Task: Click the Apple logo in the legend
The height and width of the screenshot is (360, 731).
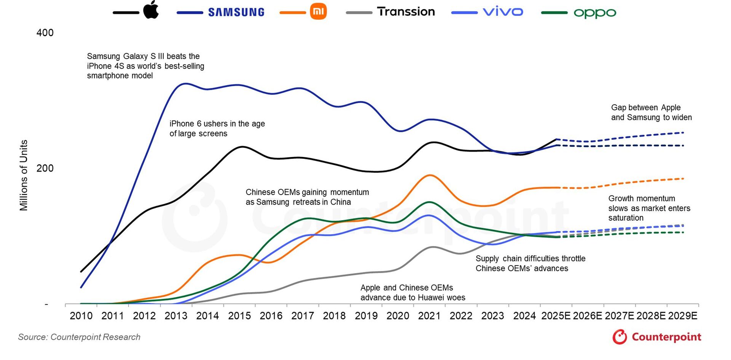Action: [x=151, y=10]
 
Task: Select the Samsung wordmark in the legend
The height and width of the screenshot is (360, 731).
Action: [x=236, y=12]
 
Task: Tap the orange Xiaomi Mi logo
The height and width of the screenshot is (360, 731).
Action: [x=318, y=12]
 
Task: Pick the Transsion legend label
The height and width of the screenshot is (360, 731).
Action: [x=406, y=12]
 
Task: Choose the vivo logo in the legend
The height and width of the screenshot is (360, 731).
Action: [x=503, y=12]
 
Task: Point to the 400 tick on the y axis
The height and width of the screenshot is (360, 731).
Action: [x=45, y=33]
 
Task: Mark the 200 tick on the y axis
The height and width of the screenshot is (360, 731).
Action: [x=45, y=168]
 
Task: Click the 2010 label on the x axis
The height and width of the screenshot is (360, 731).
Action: [x=81, y=316]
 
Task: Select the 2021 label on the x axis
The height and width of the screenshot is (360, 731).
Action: [x=429, y=316]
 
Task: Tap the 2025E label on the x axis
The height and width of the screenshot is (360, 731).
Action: [x=556, y=316]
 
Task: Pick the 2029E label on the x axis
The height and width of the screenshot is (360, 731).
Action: [x=683, y=316]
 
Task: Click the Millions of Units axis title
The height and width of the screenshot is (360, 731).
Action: [x=24, y=175]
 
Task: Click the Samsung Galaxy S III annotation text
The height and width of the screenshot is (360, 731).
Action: [x=145, y=66]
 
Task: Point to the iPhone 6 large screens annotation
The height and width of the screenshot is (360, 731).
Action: [x=217, y=128]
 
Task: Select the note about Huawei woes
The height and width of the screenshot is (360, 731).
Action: [x=413, y=293]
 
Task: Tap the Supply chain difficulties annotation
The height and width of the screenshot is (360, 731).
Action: [x=530, y=263]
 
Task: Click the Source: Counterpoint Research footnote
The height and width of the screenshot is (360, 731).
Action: [x=79, y=337]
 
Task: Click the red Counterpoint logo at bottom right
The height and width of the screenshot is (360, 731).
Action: [x=657, y=337]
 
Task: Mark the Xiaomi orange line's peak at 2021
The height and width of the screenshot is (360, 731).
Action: [x=430, y=175]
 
